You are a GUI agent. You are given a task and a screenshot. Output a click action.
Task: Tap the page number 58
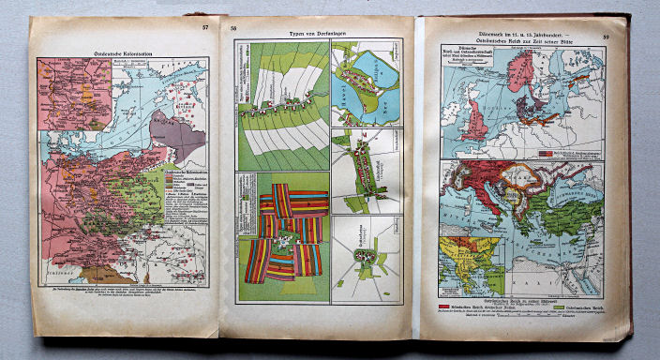point(234,30)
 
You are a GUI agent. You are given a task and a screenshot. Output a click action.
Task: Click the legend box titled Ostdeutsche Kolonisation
point(182,187)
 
